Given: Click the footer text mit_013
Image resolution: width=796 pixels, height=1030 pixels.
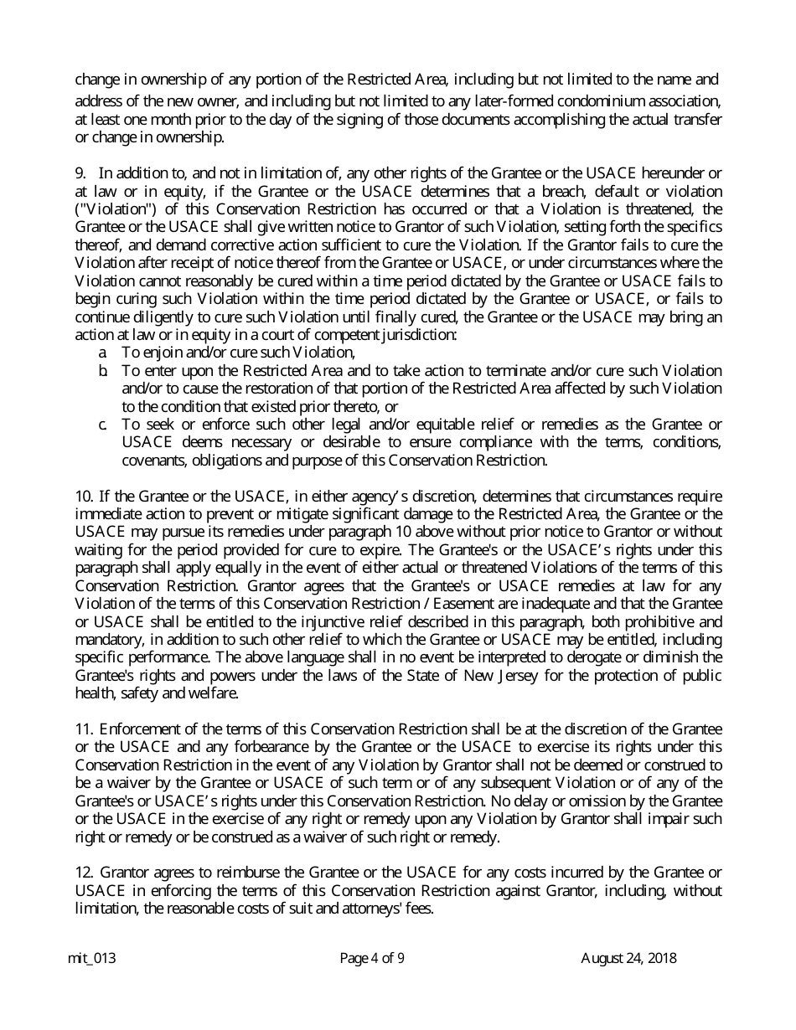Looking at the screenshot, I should tap(91, 959).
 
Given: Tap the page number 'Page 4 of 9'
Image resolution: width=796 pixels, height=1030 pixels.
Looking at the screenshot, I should tap(372, 959).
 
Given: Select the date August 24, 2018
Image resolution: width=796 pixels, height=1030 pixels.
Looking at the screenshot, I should tap(628, 959).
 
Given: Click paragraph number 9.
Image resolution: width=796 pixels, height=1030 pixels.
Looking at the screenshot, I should tap(80, 173).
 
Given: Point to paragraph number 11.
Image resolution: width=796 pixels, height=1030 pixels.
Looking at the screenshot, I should tap(84, 729).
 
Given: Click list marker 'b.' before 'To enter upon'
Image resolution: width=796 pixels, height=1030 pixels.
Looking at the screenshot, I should tap(103, 370).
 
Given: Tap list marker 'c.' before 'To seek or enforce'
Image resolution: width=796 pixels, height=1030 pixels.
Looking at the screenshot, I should tap(103, 425).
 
